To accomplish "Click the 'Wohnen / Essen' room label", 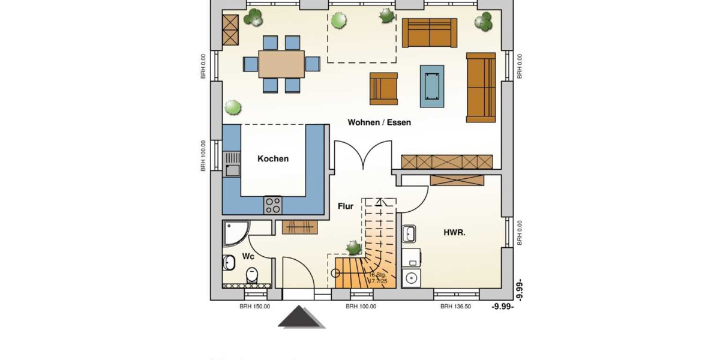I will point(379,122).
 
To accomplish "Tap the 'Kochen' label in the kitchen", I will point(273,159).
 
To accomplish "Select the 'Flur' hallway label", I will point(345,206).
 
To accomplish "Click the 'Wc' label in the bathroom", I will point(248,257).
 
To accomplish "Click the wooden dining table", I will point(281,64).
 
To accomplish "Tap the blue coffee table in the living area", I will point(432,86).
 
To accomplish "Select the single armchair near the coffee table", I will point(384,88).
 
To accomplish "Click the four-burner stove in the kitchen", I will point(273,205).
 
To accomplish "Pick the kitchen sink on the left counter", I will point(232,164).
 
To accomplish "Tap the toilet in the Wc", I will point(252,275).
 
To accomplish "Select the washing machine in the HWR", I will point(412,277).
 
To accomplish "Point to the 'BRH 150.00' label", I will point(255,307).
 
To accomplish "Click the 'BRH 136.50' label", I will point(455,307).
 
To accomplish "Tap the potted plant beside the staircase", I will point(353,247).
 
